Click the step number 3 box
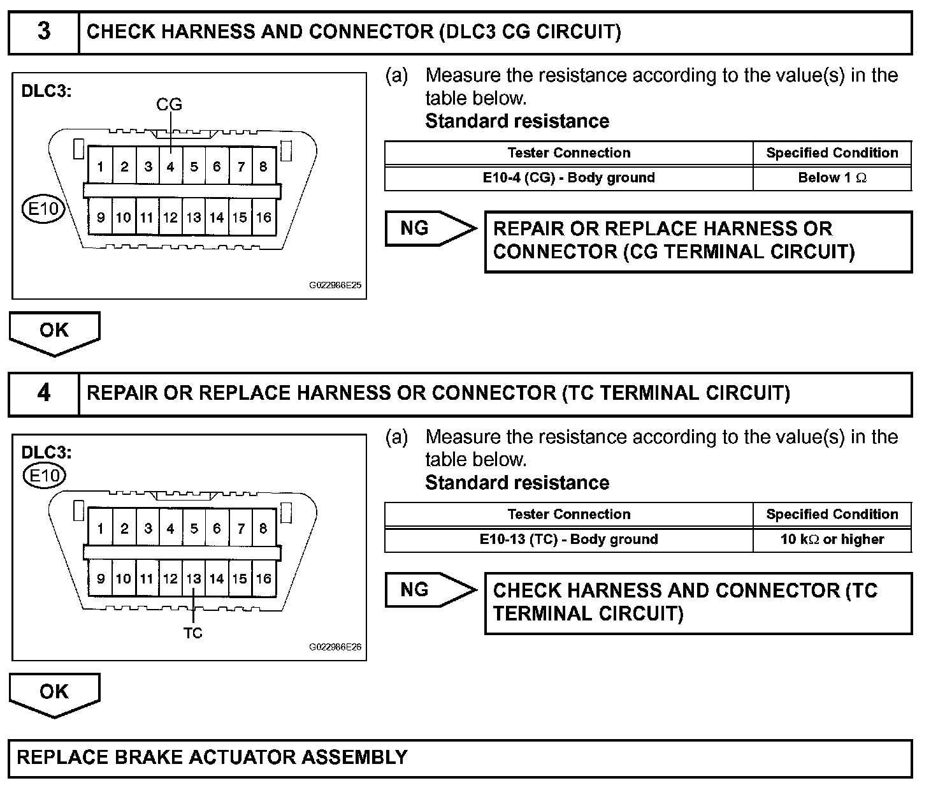click(x=43, y=32)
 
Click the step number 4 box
click(x=43, y=393)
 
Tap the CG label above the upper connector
click(x=169, y=105)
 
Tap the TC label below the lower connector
click(x=192, y=633)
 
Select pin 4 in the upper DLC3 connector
click(x=170, y=167)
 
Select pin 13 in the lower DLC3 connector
click(x=194, y=579)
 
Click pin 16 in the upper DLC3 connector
click(x=263, y=217)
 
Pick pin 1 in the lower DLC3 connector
click(x=101, y=529)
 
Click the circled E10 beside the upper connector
click(x=44, y=209)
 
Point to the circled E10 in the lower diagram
click(x=44, y=475)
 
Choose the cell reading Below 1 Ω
click(x=832, y=178)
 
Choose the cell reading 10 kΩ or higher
click(x=832, y=539)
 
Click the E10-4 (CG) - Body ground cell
click(x=568, y=178)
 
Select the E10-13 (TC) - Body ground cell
click(x=568, y=539)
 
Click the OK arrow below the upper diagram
click(x=54, y=332)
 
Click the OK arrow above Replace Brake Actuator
click(x=54, y=693)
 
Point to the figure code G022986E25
click(x=335, y=285)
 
